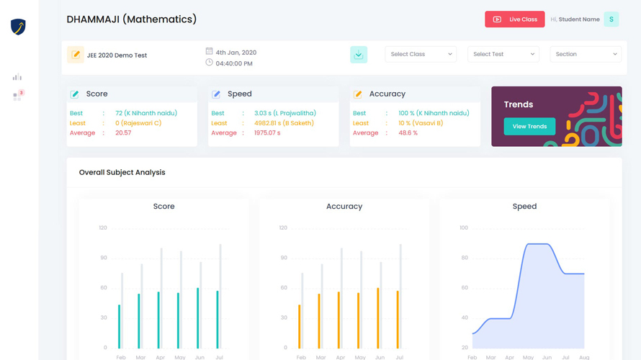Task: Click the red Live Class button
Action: coord(514,19)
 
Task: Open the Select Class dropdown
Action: coord(421,54)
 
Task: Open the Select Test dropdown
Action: coord(503,54)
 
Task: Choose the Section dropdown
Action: coord(586,54)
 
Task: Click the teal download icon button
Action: coord(358,55)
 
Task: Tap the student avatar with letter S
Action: coord(611,19)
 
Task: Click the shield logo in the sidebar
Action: coord(18,27)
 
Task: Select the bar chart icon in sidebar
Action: coord(17,77)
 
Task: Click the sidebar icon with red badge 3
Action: coord(17,95)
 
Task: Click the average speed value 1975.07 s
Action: coord(267,133)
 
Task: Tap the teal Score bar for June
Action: coord(198,318)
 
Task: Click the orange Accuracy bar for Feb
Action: coord(300,326)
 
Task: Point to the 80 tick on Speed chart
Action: coord(463,258)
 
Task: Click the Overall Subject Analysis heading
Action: coord(122,173)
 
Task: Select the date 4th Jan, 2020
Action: coord(236,53)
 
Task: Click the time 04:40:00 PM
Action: coord(234,63)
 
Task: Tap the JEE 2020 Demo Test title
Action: coord(117,55)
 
